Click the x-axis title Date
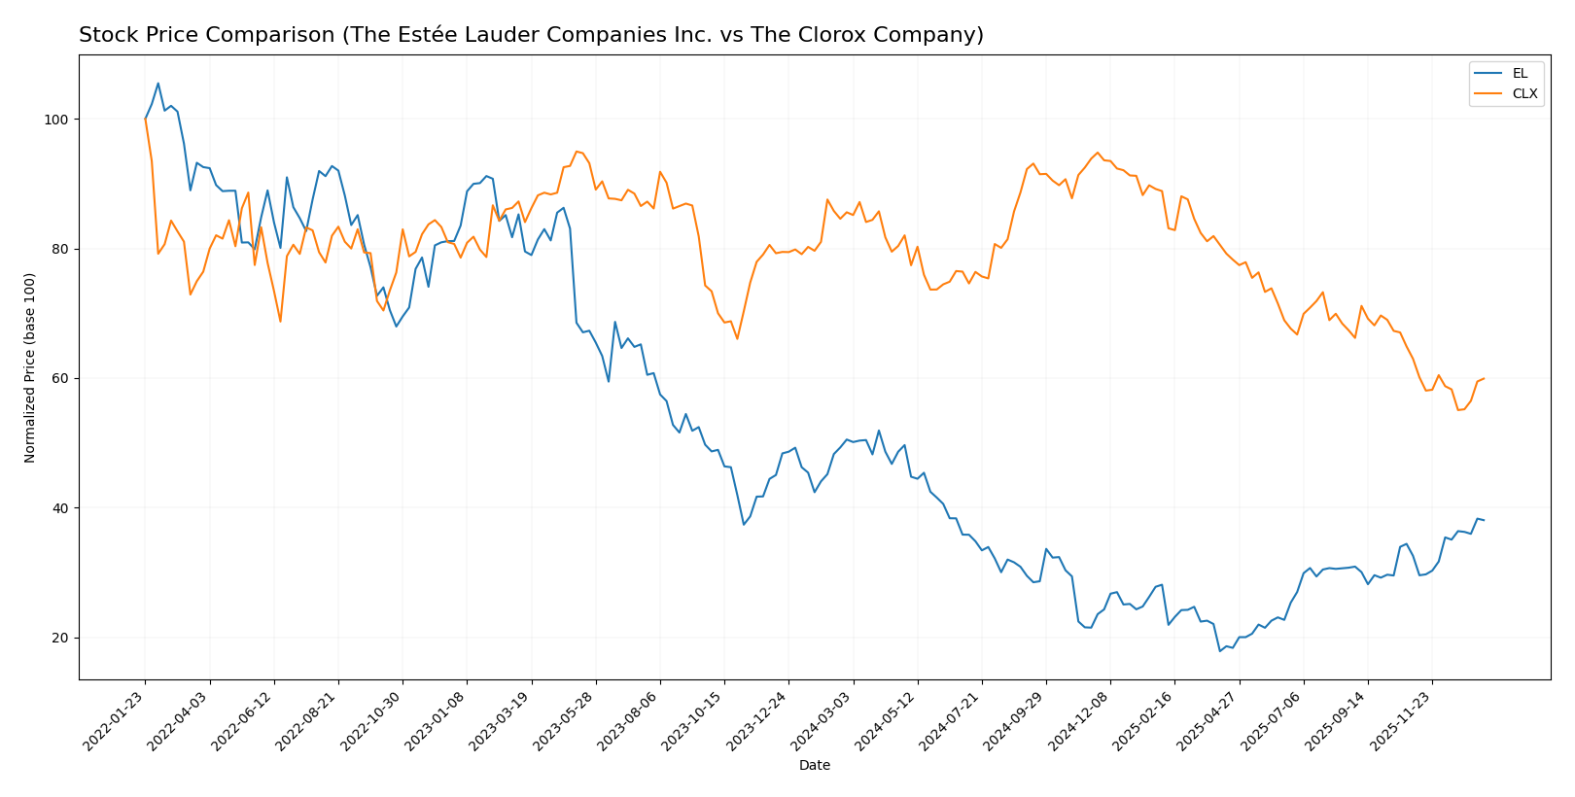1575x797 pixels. tap(815, 766)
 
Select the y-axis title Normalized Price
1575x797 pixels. tap(30, 367)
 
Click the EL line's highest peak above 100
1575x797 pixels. tap(158, 84)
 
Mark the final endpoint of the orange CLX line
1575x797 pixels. tap(1484, 378)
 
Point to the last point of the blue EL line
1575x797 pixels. tap(1484, 520)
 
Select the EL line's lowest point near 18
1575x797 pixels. tap(1220, 651)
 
